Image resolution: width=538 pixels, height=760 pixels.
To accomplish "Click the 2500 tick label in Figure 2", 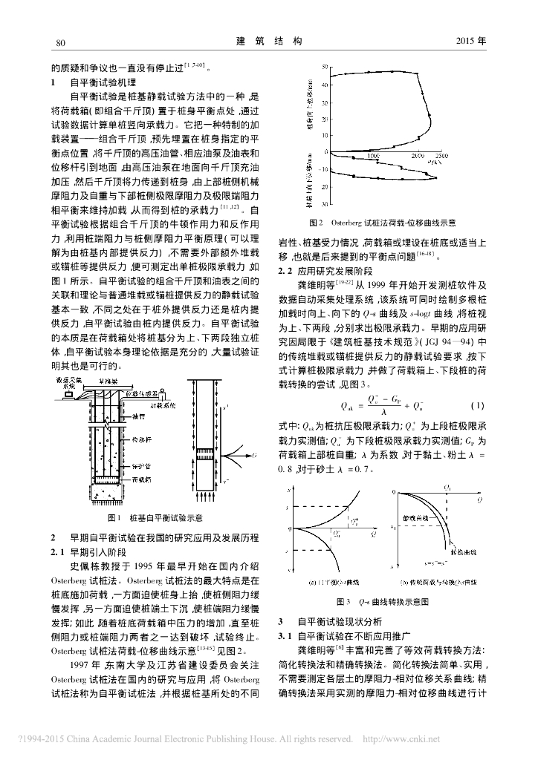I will point(441,157).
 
